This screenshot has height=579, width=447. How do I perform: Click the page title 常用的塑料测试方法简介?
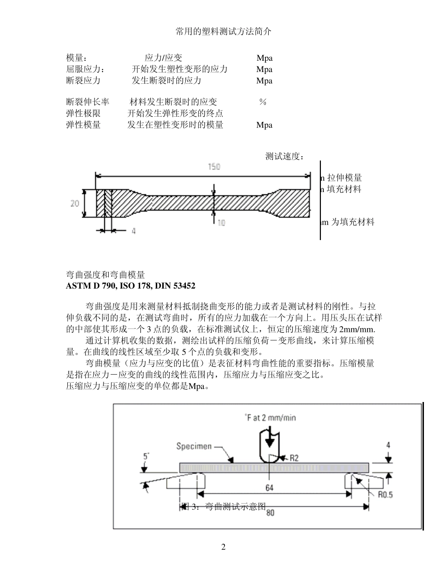223,32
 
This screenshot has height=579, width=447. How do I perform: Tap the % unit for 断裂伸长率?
263,102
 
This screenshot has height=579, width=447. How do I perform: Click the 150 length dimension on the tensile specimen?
214,167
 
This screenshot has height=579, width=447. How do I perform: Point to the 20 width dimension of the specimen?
75,203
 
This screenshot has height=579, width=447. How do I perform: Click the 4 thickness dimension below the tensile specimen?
134,231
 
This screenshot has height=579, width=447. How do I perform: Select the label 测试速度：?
285,157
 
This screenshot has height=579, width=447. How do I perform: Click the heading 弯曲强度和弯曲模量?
105,275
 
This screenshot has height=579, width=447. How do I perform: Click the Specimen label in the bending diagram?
194,446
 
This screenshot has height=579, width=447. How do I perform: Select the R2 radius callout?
294,457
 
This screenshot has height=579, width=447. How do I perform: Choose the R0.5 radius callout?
386,494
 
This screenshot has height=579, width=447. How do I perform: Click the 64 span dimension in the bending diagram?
269,488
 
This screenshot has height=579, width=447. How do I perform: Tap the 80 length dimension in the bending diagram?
270,513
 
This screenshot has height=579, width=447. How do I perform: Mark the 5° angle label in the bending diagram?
146,456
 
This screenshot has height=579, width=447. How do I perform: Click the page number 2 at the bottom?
223,547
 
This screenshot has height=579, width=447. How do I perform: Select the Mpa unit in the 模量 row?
264,58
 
